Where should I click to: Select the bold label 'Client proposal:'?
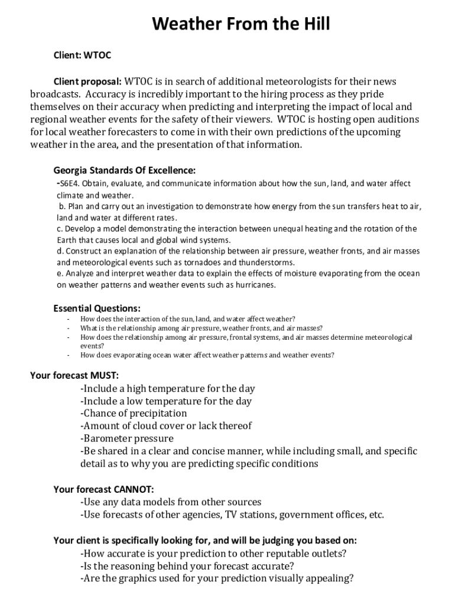(87, 81)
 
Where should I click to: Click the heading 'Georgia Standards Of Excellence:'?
(124, 171)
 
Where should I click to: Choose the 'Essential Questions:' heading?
(97, 308)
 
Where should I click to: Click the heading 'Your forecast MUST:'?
(74, 375)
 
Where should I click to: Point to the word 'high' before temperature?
(135, 389)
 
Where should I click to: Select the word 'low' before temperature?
(134, 401)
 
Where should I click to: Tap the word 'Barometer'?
(107, 438)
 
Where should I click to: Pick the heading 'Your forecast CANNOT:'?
(103, 489)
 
